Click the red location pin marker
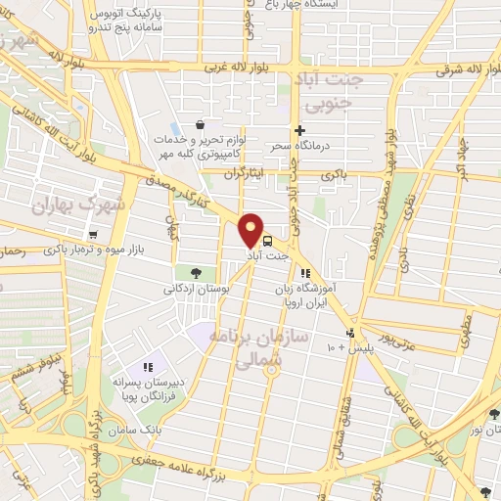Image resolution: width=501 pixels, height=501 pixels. point(251,229)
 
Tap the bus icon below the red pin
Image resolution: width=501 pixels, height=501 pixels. point(267,241)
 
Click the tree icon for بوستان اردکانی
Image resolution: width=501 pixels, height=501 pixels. point(196,272)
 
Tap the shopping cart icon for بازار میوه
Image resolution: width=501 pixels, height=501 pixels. point(93,235)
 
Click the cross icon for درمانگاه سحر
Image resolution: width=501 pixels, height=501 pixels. point(300,130)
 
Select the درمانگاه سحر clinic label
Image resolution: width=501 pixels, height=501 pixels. point(299,146)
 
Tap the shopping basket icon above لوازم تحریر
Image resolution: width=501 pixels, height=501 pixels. point(201,125)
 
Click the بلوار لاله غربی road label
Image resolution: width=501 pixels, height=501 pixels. point(243,68)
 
